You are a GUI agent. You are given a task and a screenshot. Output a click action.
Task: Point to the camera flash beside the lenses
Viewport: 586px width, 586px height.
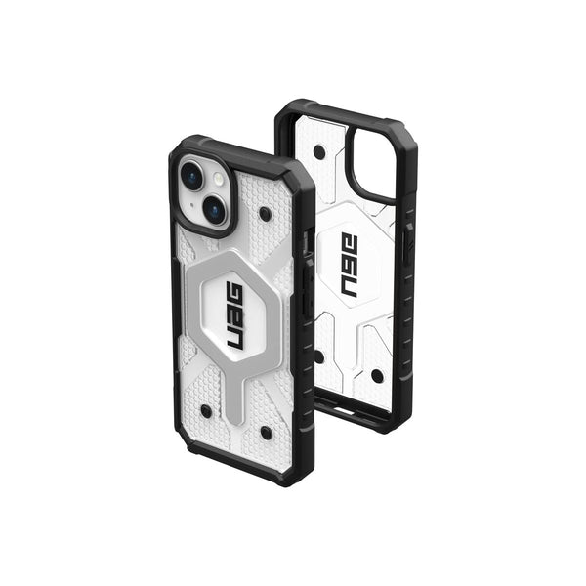(x=219, y=179)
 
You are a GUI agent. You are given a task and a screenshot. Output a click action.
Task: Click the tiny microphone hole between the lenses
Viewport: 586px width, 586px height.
(x=192, y=205)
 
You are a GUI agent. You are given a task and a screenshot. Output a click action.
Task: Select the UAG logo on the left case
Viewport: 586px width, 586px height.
(x=234, y=316)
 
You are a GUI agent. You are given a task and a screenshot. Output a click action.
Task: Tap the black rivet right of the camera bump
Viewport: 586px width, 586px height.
(x=265, y=214)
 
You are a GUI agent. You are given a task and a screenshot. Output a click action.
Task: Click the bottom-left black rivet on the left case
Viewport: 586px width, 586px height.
(x=206, y=411)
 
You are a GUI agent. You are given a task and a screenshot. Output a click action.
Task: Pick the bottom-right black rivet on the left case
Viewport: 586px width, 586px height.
(x=266, y=433)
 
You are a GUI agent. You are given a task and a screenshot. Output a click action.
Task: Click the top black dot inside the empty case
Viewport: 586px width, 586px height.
(x=319, y=151)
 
